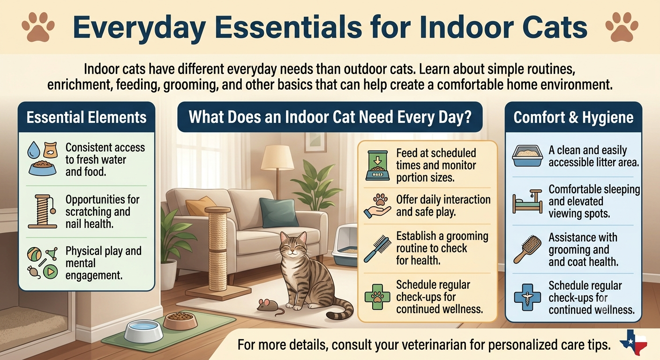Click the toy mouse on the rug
pyautogui.click(x=268, y=306)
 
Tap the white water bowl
pyautogui.click(x=143, y=330)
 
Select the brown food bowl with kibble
pyautogui.click(x=180, y=321)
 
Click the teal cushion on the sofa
pyautogui.click(x=277, y=212)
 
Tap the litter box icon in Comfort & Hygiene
pyautogui.click(x=527, y=156)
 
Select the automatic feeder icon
pyautogui.click(x=377, y=165)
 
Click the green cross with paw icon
pyautogui.click(x=377, y=297)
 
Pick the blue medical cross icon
pyautogui.click(x=527, y=297)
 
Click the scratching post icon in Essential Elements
pyautogui.click(x=43, y=211)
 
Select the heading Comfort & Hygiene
pyautogui.click(x=573, y=117)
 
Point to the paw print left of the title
pyautogui.click(x=38, y=27)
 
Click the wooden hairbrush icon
pyautogui.click(x=527, y=249)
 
